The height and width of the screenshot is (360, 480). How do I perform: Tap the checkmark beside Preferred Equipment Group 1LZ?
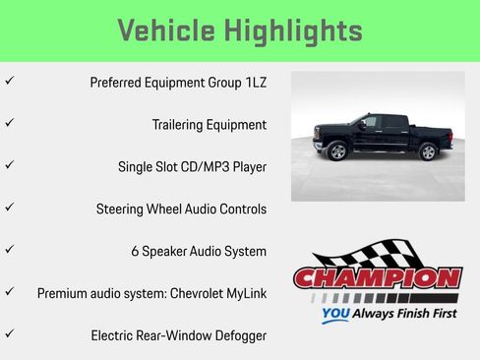[9, 82]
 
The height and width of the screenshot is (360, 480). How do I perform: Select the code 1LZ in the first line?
[253, 83]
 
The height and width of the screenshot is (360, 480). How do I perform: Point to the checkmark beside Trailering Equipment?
[9, 124]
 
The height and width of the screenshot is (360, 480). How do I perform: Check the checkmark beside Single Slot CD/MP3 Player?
[9, 166]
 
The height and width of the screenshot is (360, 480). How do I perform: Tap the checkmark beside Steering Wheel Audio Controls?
[9, 209]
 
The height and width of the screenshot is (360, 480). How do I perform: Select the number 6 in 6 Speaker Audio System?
[135, 251]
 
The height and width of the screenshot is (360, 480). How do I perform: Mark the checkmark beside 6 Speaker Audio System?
[9, 250]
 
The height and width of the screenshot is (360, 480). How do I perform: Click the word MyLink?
[244, 293]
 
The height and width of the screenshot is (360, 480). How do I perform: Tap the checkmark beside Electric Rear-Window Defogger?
[9, 334]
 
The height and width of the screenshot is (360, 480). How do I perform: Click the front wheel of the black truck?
[338, 151]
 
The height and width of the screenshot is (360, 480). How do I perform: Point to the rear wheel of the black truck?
[428, 151]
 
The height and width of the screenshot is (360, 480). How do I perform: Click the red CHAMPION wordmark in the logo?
[378, 279]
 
